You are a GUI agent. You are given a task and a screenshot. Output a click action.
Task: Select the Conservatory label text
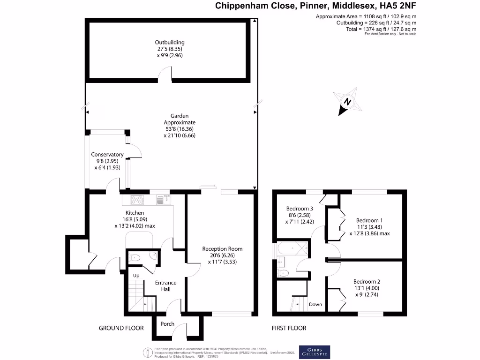(107, 155)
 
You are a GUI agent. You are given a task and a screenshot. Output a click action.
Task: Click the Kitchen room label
(135, 212)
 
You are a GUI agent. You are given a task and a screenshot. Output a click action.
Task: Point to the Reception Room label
(222, 249)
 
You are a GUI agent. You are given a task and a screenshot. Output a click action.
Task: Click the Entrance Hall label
(166, 285)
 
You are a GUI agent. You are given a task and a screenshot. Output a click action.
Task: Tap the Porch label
(167, 324)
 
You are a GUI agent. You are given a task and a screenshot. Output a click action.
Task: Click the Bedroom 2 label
(367, 282)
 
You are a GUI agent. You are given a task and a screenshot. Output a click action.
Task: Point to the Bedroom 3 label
(300, 209)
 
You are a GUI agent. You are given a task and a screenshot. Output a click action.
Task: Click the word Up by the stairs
(136, 275)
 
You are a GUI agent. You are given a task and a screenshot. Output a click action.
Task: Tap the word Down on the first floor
(315, 304)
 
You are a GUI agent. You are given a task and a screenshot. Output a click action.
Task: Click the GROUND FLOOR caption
(121, 328)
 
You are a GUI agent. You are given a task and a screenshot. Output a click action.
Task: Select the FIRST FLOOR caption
(289, 328)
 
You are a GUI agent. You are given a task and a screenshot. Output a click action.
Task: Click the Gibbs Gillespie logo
(315, 352)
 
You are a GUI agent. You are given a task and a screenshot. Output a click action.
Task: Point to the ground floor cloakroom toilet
(135, 257)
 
